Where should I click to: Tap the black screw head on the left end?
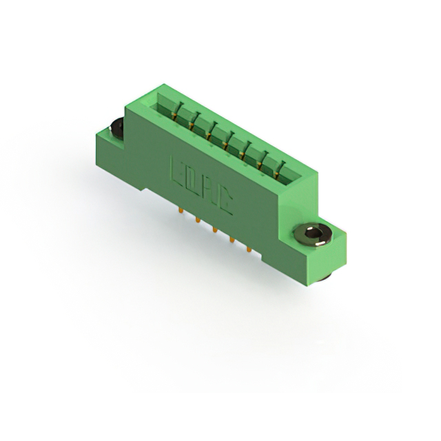coord(116,127)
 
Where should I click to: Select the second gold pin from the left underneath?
coord(198,219)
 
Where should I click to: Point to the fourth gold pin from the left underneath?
coord(231,238)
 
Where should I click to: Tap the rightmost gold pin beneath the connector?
coord(248,248)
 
